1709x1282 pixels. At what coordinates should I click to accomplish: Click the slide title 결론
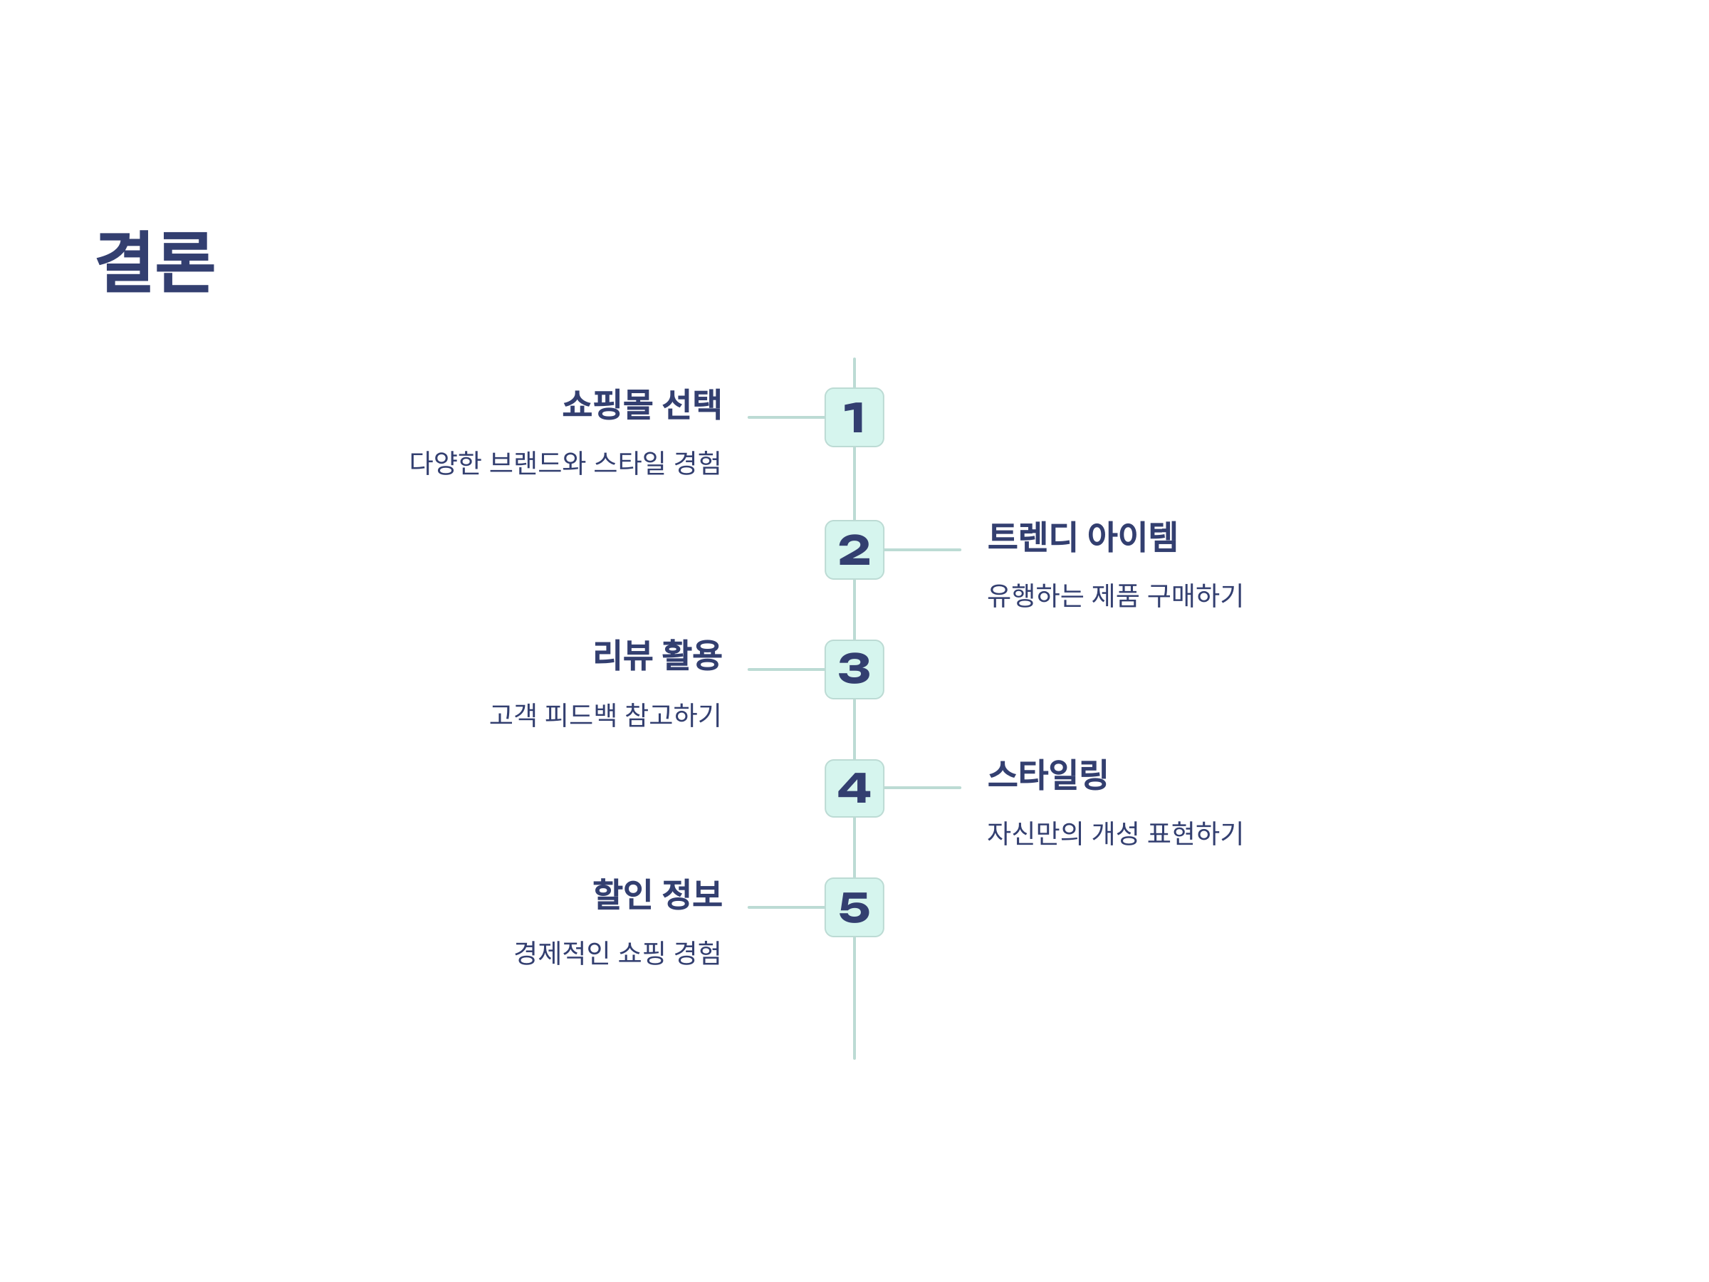(x=155, y=261)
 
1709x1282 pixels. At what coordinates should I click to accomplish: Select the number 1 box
(x=854, y=417)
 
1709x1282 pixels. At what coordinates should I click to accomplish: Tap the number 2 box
(x=854, y=549)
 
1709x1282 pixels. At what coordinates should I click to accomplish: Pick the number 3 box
(x=854, y=669)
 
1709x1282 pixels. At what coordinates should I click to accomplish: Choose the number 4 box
(x=854, y=788)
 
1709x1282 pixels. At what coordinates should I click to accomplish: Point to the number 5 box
(x=854, y=907)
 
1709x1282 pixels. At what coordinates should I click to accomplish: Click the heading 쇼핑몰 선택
(x=642, y=404)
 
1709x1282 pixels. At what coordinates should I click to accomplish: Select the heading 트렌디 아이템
(x=1082, y=536)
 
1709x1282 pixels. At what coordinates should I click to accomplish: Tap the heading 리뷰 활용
(x=657, y=655)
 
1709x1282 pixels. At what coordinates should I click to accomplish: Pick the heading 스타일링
(x=1047, y=774)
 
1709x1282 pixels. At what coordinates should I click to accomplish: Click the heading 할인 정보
(x=657, y=894)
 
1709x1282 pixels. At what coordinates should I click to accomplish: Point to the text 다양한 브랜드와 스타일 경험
(x=565, y=463)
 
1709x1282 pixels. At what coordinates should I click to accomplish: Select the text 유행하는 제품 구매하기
(x=1115, y=595)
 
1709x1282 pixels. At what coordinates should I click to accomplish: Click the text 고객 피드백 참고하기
(x=605, y=715)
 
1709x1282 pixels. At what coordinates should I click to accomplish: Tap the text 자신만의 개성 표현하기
(x=1115, y=833)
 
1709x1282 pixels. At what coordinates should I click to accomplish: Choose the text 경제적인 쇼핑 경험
(x=617, y=953)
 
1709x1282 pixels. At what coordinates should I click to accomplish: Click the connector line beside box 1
(x=785, y=417)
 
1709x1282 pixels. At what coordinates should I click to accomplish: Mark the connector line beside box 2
(x=922, y=549)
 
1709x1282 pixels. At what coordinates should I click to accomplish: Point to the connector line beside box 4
(x=922, y=788)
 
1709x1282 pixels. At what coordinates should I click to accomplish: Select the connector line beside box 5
(x=785, y=907)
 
